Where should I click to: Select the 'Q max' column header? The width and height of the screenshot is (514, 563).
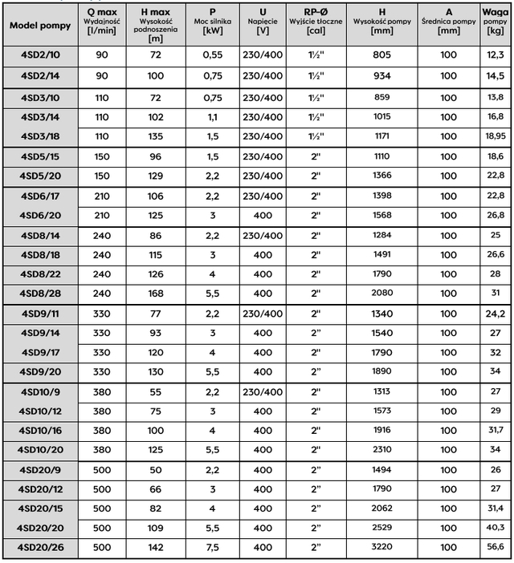tap(102, 11)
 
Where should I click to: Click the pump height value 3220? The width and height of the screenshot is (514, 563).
tap(381, 547)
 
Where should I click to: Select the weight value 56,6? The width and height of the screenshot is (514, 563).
tap(496, 547)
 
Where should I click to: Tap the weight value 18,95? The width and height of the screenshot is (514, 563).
tap(496, 136)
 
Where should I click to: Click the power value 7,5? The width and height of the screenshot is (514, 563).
tap(212, 547)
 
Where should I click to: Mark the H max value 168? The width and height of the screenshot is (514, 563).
tap(156, 293)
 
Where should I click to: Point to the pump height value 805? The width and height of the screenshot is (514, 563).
tap(381, 55)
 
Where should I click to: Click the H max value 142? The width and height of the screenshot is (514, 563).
tap(156, 547)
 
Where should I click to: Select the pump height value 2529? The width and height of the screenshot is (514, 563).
tap(381, 527)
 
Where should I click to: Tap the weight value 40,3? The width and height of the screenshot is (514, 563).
tap(496, 527)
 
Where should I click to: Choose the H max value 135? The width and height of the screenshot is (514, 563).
tap(156, 136)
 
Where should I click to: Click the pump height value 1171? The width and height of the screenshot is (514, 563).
tap(381, 136)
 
